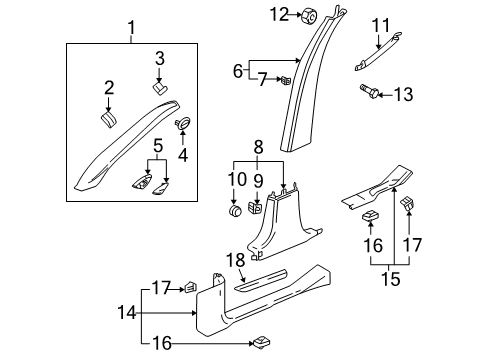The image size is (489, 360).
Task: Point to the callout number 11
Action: pos(381,24)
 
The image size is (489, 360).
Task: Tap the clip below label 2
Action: pos(107,120)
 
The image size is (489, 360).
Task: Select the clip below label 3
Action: pos(160,88)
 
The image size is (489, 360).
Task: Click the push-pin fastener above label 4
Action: pos(184,122)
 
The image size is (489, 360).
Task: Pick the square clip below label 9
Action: pos(257,211)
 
